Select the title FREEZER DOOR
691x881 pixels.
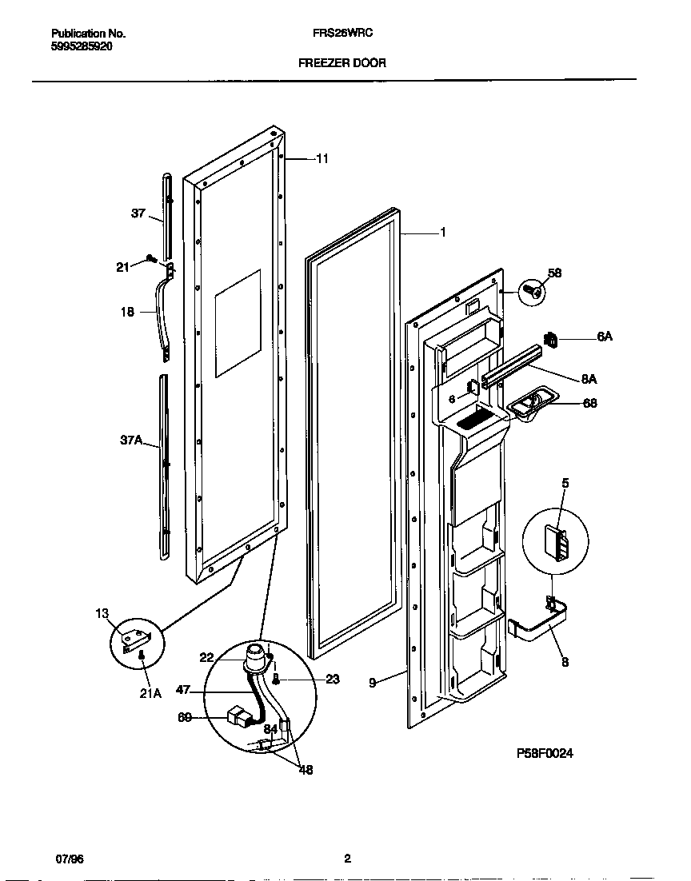342,62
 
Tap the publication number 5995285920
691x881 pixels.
82,46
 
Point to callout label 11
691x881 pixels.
322,159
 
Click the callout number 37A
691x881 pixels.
131,440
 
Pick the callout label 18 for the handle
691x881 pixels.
127,312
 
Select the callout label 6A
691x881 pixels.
604,337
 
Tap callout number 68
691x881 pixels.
589,403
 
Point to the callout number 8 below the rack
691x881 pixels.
565,662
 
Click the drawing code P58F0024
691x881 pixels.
545,753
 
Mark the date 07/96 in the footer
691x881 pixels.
70,859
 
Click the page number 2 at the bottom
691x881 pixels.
347,859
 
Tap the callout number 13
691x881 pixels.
102,613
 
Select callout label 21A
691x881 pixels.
150,693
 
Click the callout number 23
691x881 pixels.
332,680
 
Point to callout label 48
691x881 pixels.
306,770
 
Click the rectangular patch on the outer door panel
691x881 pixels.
238,323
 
